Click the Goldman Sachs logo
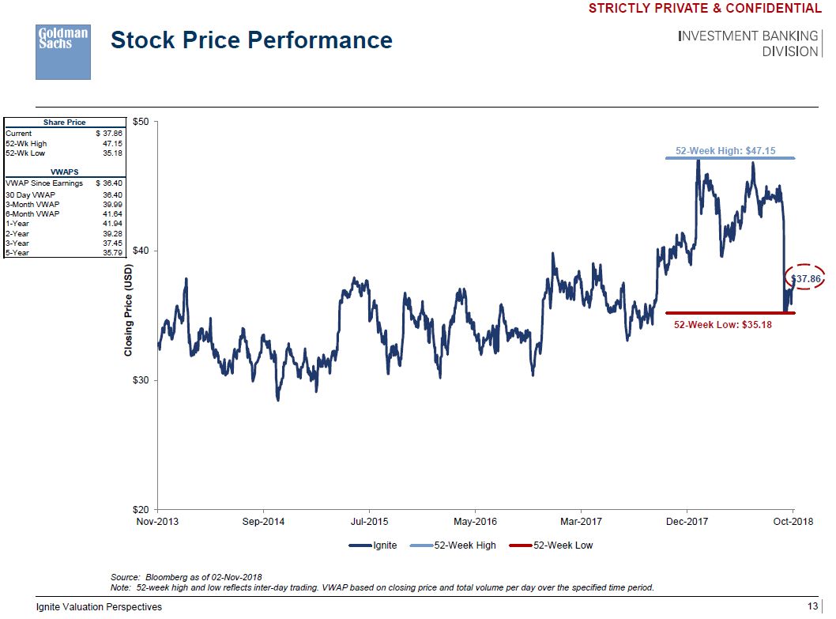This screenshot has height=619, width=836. tap(63, 51)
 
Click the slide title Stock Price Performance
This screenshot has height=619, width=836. tap(251, 40)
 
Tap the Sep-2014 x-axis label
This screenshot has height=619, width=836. tap(263, 522)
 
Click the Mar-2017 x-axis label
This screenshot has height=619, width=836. tap(581, 522)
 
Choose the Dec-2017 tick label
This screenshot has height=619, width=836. tap(687, 522)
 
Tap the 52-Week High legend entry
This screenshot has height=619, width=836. tap(465, 545)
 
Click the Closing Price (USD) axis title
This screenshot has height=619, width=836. tap(128, 309)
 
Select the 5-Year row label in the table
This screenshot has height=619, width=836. tap(17, 253)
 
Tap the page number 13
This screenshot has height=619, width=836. tap(812, 606)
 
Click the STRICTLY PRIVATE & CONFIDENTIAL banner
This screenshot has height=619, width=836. tap(705, 9)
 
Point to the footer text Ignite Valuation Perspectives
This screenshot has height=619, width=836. tap(100, 607)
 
